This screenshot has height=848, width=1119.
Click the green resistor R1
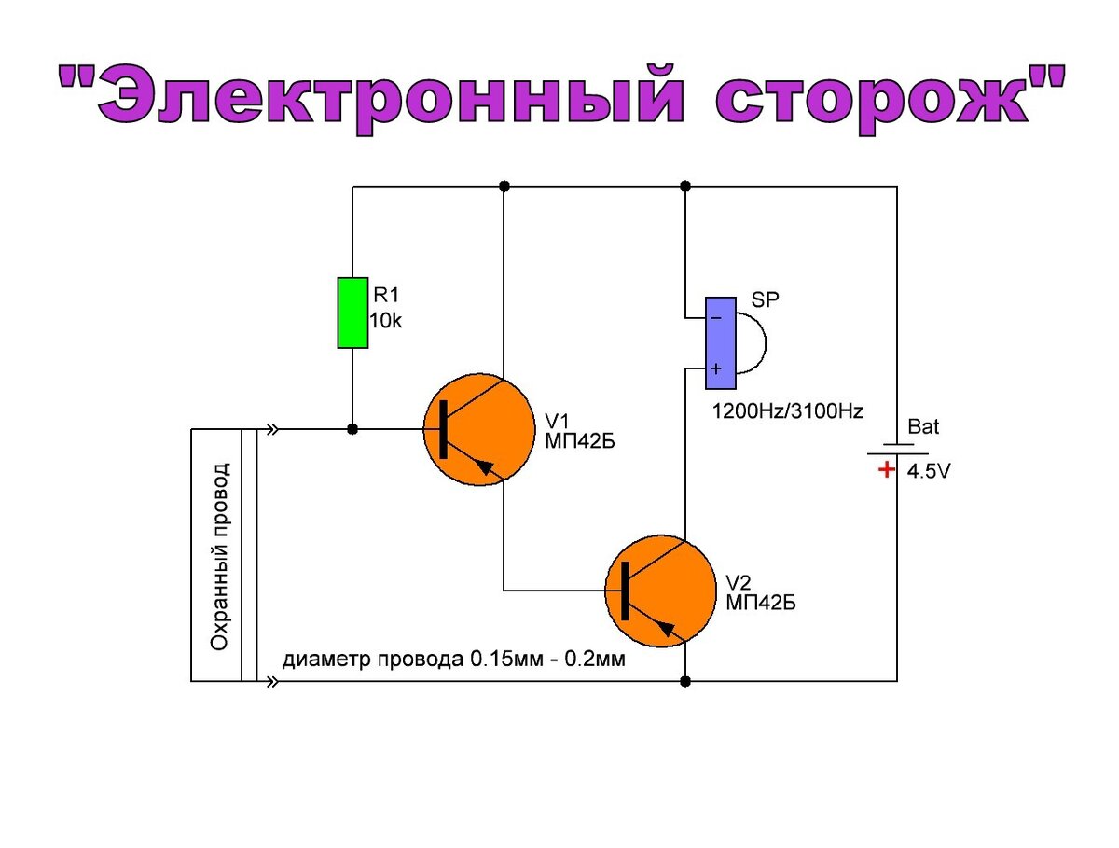352,313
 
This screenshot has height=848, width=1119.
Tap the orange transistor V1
476,430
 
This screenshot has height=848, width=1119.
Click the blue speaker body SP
719,335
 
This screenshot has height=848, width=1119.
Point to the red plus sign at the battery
884,470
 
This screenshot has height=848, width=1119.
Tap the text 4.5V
929,472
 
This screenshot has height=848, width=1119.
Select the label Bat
923,428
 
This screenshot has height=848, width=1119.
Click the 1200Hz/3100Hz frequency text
788,410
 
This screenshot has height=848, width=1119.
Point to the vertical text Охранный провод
220,556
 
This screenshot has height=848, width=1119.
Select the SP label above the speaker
766,300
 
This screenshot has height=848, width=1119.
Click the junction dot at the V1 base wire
352,430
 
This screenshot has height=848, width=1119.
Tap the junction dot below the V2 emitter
685,682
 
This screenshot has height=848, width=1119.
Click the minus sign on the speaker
715,318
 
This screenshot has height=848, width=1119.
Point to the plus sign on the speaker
715,368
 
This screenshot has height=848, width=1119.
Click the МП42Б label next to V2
761,603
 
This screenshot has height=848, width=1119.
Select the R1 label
386,296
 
